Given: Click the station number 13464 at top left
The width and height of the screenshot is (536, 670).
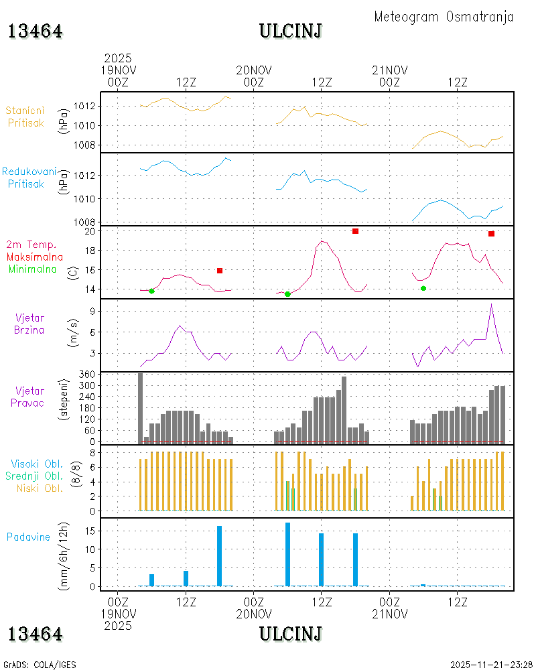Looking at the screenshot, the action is tap(35, 31).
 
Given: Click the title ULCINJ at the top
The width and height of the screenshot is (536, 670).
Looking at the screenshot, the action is tap(291, 31).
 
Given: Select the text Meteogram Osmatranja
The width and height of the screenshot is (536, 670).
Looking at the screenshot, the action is tap(444, 17).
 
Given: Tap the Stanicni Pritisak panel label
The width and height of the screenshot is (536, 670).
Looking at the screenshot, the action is tap(25, 117).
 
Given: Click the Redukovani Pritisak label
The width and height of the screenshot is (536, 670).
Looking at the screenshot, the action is tap(29, 178).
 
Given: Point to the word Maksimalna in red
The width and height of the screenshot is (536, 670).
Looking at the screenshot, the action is tap(35, 257).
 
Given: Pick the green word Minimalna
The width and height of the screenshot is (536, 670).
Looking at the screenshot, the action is tap(32, 269).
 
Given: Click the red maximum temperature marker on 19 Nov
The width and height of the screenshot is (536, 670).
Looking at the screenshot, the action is tap(220, 271).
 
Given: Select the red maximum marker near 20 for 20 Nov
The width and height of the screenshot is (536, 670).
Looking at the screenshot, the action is tap(355, 231).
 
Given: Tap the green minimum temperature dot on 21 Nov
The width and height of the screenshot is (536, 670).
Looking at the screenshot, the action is tap(423, 288).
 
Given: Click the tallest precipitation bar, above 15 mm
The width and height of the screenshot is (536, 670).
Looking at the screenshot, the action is tap(287, 554).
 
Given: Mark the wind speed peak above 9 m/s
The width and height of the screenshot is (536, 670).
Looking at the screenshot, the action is tap(492, 304).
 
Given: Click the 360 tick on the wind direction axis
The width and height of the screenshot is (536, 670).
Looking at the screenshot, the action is tap(87, 375).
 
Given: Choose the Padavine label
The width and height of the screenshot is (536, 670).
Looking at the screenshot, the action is tap(28, 537).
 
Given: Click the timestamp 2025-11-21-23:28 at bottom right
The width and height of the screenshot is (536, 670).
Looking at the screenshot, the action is tap(492, 665).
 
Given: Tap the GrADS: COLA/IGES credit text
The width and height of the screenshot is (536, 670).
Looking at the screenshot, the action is tap(40, 665).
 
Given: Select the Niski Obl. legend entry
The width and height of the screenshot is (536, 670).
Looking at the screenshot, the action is tap(40, 488).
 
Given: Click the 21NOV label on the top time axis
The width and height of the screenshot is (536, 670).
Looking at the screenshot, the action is tap(390, 70).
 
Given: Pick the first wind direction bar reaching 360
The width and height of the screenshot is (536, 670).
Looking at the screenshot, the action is tap(140, 408).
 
